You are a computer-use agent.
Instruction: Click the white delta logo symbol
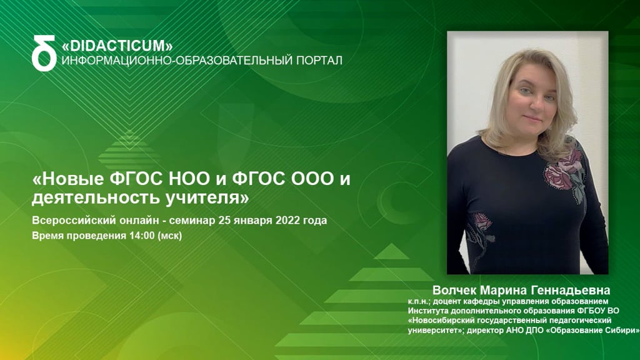44,53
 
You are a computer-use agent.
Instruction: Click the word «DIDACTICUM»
117,45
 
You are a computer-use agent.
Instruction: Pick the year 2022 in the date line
287,221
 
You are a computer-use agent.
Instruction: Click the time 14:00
142,236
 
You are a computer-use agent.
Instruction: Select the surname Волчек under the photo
454,290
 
